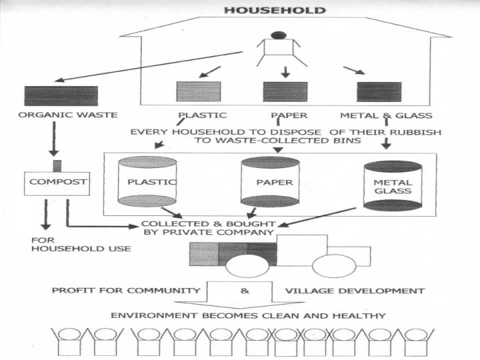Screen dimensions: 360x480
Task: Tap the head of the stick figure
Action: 279,35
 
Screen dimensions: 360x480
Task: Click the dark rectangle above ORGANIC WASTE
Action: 61,96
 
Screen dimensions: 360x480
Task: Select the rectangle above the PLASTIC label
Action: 198,91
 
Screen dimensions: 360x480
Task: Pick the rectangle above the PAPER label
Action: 285,91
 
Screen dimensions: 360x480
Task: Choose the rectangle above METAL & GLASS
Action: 379,91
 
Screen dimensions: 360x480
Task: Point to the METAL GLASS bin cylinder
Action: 393,186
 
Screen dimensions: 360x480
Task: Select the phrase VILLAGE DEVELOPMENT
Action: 355,291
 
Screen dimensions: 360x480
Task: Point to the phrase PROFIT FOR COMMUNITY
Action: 126,291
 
